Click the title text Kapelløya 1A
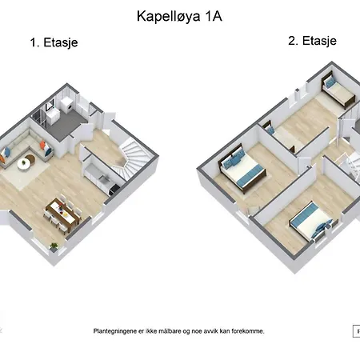click(x=179, y=17)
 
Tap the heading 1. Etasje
click(x=54, y=42)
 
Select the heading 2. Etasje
click(x=312, y=41)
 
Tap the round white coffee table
click(x=24, y=163)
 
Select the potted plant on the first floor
click(x=54, y=247)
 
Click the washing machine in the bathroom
click(x=68, y=106)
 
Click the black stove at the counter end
click(x=114, y=188)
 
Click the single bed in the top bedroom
click(x=338, y=90)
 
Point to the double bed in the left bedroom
click(x=242, y=167)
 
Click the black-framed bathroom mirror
click(x=50, y=105)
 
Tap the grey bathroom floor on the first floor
click(x=66, y=126)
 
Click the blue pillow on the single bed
click(x=329, y=82)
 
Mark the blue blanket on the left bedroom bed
click(x=250, y=175)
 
